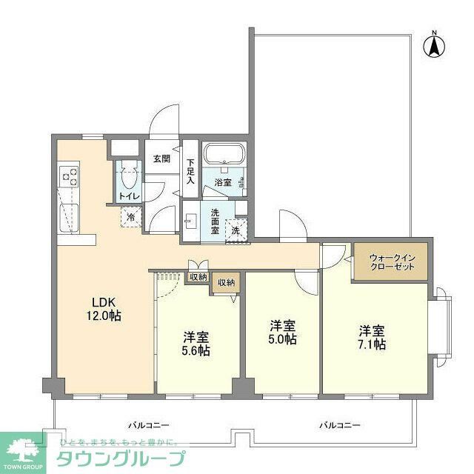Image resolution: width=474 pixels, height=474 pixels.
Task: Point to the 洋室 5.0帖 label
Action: click(283, 332)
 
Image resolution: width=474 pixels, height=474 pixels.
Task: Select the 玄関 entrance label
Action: click(161, 158)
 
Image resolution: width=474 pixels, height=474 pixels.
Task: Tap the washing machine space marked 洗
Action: click(236, 230)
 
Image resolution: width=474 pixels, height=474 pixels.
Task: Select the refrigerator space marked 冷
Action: click(131, 218)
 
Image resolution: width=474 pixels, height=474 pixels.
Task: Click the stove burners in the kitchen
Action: click(70, 177)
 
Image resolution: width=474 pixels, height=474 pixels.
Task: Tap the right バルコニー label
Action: click(340, 425)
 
